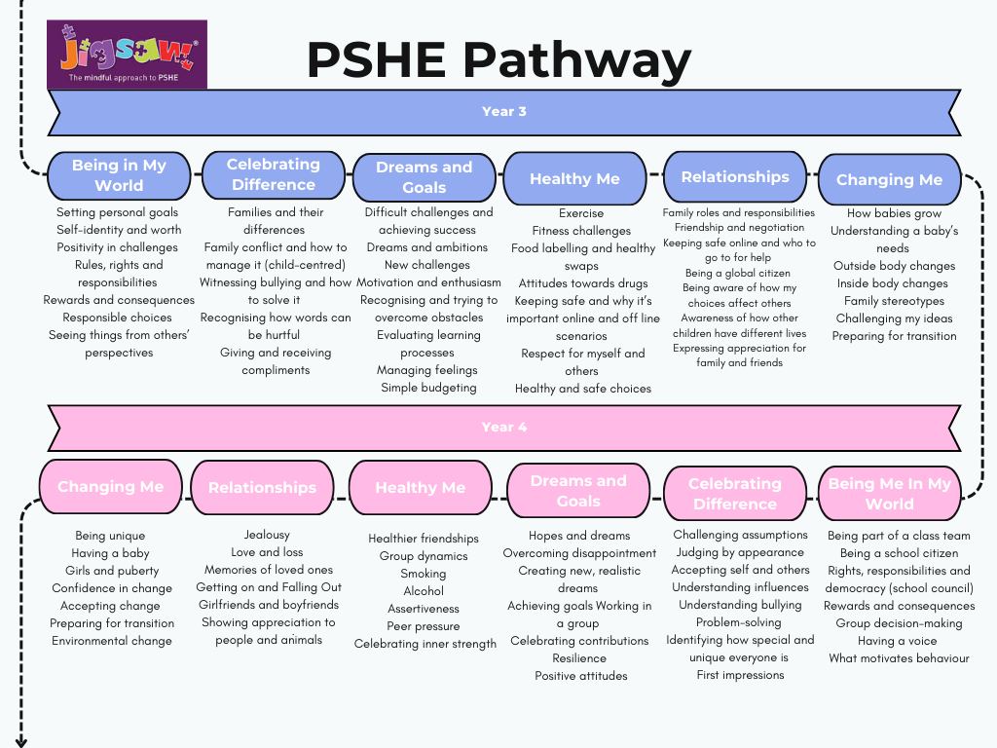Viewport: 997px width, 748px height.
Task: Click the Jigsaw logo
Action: (x=127, y=54)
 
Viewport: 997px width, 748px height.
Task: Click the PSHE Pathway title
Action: (x=498, y=60)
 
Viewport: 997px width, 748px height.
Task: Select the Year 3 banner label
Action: (x=504, y=111)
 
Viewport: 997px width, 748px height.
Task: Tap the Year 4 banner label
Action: (x=504, y=427)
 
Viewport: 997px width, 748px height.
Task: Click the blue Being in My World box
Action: (x=119, y=175)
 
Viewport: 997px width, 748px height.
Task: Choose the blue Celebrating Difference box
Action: (x=274, y=174)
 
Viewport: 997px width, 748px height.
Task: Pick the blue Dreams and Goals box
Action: (x=424, y=177)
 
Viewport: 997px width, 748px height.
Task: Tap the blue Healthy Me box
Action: (x=574, y=178)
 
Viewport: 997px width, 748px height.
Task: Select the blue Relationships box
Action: (x=735, y=176)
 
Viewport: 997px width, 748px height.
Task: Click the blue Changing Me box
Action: (x=889, y=179)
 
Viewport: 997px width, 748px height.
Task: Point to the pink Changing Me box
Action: (x=110, y=487)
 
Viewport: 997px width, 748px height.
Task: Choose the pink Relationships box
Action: (x=262, y=487)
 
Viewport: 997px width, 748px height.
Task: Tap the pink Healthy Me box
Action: (x=420, y=487)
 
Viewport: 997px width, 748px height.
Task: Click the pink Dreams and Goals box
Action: (x=578, y=491)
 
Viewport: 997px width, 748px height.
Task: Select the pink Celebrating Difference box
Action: (x=735, y=494)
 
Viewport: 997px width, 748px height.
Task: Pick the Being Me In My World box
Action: (x=889, y=494)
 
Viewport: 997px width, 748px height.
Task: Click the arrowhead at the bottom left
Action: (x=20, y=740)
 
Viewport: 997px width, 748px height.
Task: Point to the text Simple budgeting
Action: (x=428, y=388)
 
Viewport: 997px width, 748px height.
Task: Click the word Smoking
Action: (x=424, y=574)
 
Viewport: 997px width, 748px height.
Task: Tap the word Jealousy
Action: (x=268, y=535)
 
